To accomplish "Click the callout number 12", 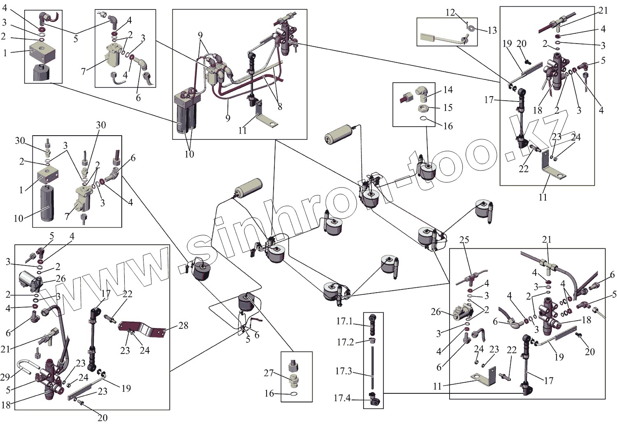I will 450,13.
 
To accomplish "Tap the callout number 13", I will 492,30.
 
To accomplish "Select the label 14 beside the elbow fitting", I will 448,90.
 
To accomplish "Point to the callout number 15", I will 448,108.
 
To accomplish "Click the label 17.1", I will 344,321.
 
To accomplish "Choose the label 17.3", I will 343,371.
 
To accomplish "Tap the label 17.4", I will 342,398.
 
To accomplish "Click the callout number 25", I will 464,240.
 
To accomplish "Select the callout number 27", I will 269,373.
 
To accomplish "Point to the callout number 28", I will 183,326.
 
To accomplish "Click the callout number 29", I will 5,376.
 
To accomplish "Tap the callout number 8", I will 280,107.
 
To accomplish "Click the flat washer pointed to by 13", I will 471,28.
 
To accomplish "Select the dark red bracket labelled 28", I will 142,328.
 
